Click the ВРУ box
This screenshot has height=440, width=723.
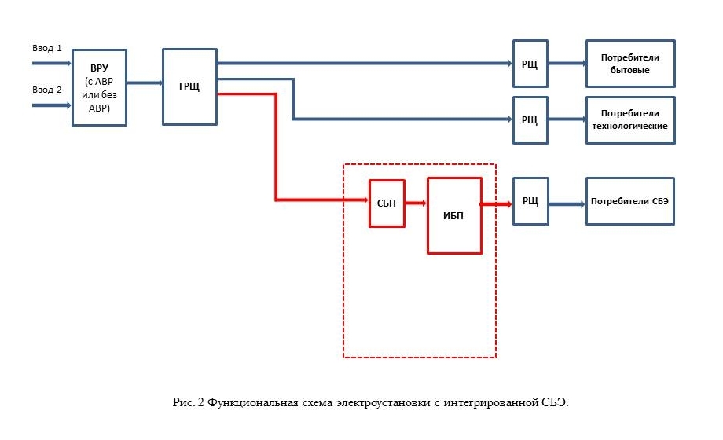point(99,86)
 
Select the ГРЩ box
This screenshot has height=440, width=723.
point(189,86)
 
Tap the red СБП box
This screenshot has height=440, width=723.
point(387,203)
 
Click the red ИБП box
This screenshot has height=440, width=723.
point(454,215)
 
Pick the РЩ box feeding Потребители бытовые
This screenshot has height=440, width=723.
point(530,63)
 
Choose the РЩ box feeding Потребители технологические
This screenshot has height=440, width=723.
point(530,119)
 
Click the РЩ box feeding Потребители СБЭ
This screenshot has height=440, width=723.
point(530,201)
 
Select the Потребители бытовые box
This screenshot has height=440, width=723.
point(629,63)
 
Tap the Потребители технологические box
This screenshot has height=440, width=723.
point(629,119)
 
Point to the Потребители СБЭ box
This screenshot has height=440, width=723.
point(629,202)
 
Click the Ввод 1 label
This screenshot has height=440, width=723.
point(47,49)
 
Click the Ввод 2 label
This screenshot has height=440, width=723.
point(47,90)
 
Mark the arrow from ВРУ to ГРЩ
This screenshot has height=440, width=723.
point(145,82)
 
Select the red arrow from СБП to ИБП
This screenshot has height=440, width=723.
point(416,203)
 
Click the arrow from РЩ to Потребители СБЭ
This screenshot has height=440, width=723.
point(567,203)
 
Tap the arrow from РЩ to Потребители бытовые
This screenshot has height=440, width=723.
point(567,63)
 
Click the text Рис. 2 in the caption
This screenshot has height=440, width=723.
point(188,402)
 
